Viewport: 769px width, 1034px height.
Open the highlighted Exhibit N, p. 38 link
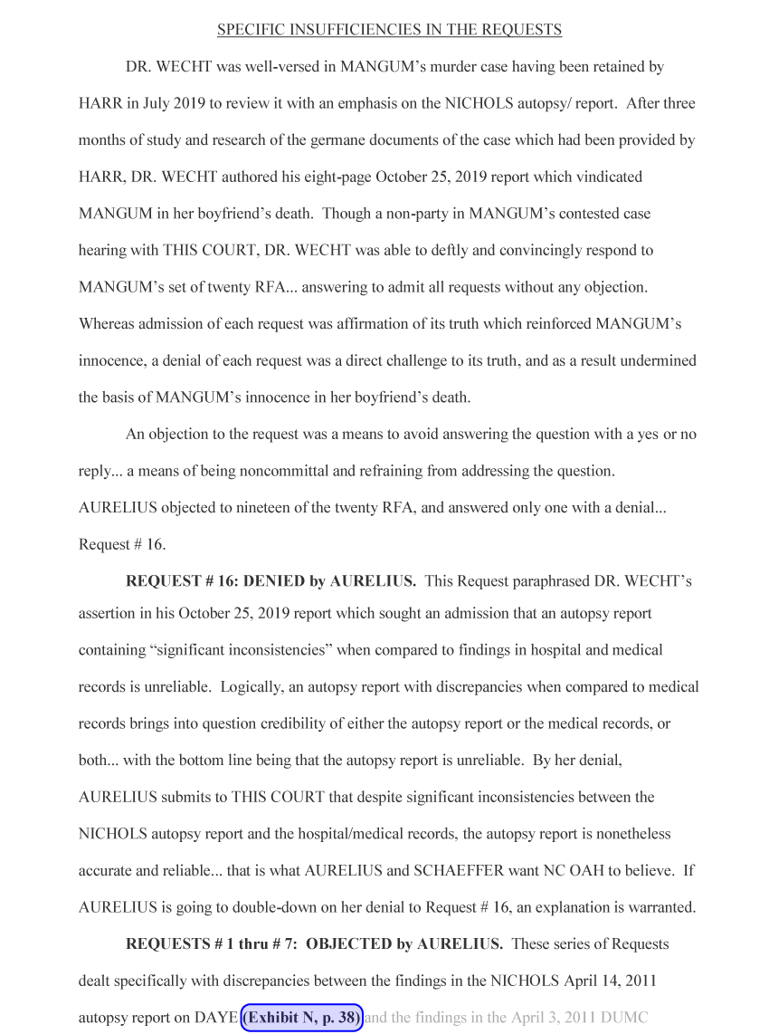tap(302, 1018)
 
